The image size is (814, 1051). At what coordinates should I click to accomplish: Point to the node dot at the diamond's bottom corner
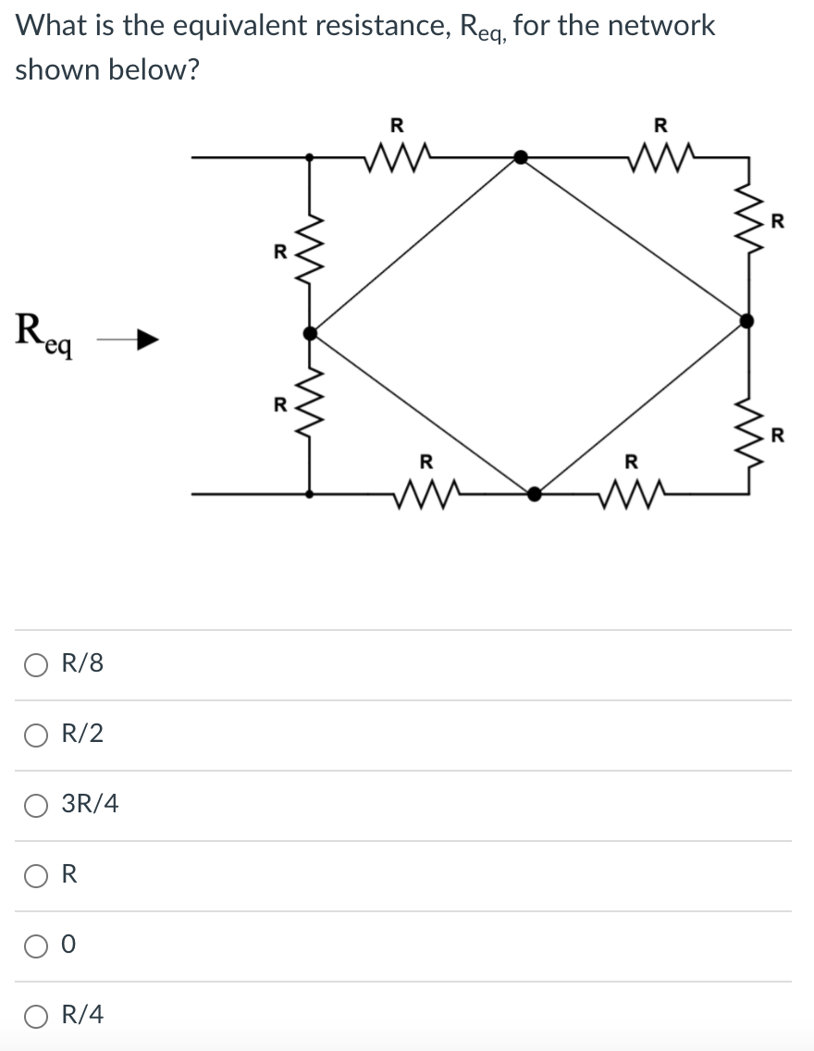pos(534,494)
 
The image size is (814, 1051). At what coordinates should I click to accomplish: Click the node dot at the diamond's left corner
pos(311,331)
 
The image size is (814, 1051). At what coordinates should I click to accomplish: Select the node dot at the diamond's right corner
pos(747,320)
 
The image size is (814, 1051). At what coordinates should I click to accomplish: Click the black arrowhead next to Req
pos(146,341)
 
